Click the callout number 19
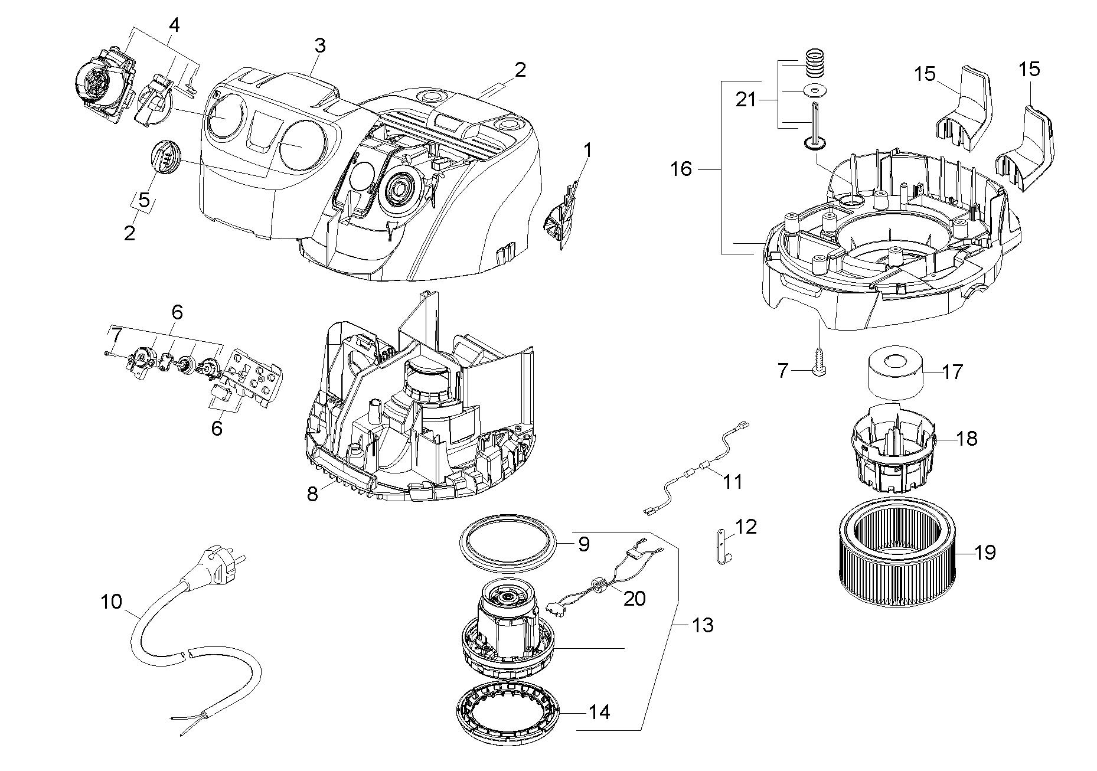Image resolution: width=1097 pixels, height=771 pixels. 985,553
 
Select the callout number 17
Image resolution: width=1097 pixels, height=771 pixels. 952,372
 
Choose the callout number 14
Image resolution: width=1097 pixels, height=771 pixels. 599,712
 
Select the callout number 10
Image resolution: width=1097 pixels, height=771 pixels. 111,602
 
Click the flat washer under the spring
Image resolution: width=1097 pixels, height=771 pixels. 815,91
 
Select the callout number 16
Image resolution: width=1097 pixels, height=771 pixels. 681,169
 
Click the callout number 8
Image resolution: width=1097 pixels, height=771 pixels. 312,494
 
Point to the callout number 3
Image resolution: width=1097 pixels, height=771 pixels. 319,45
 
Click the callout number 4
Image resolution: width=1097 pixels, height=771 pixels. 174,25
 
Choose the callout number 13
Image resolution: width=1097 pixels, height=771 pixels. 702,625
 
